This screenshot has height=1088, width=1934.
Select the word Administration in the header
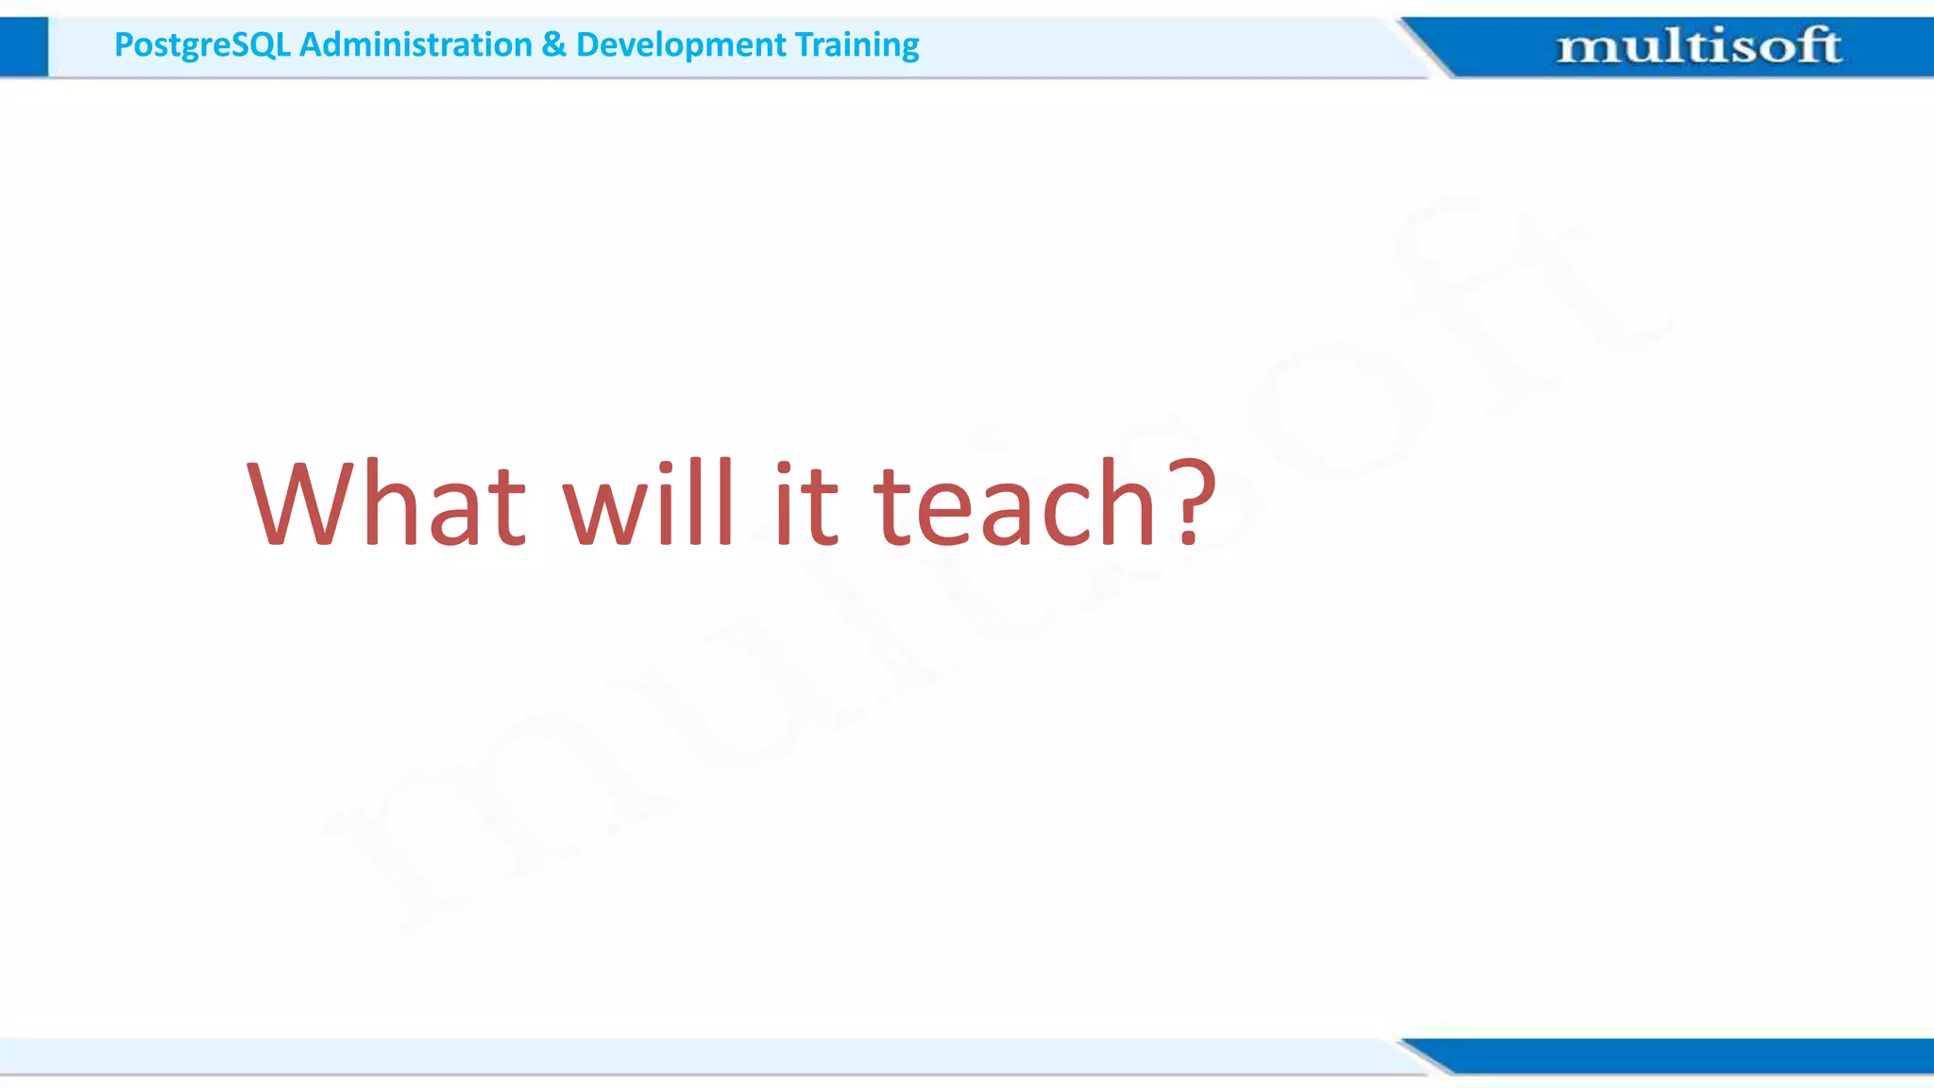tap(416, 44)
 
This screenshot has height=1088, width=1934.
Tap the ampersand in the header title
tap(553, 44)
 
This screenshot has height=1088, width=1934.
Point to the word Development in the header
tap(680, 44)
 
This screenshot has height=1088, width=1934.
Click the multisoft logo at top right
tap(1697, 45)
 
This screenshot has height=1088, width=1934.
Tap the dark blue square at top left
tap(24, 46)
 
